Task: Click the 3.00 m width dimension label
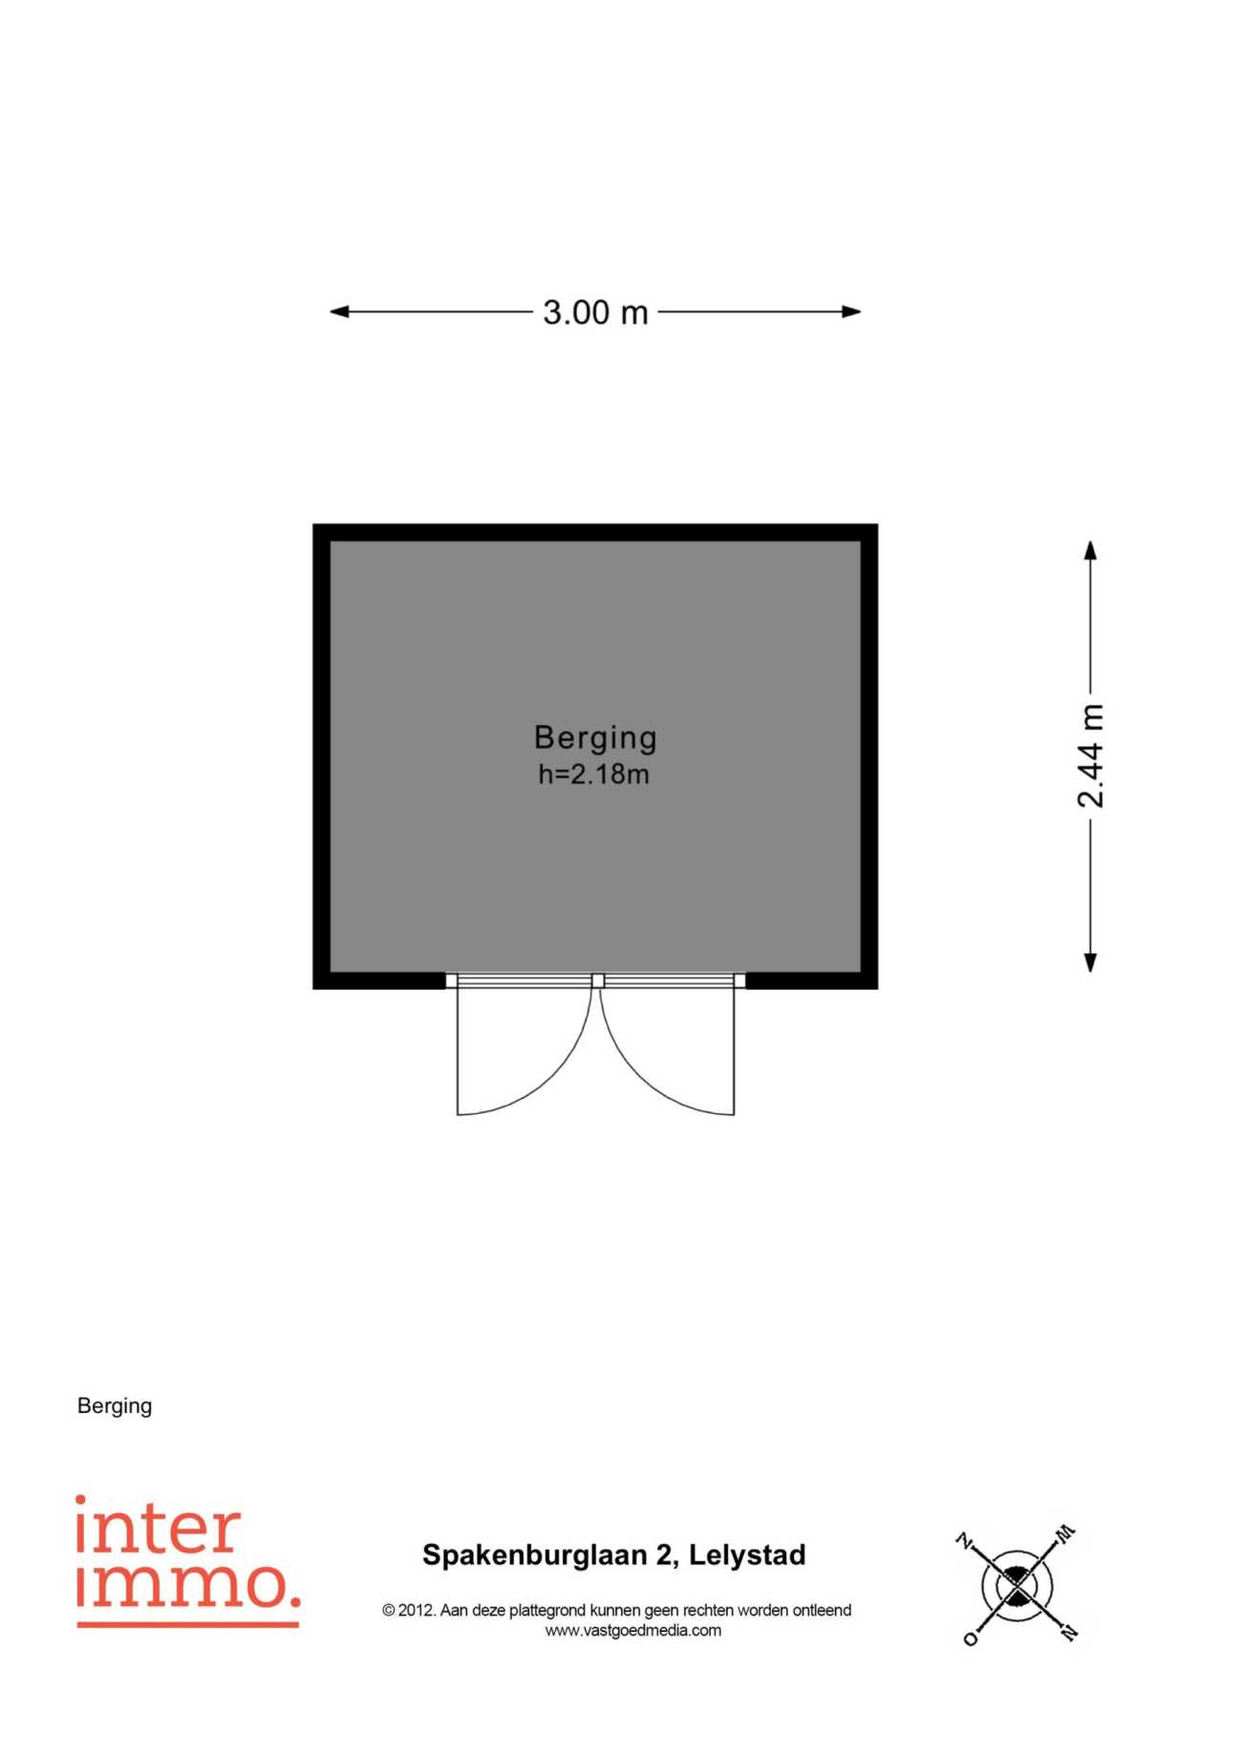[595, 312]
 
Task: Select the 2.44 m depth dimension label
[1090, 756]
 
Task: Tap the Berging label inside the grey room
[595, 738]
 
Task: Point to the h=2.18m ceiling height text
[593, 774]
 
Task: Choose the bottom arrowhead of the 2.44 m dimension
[1090, 962]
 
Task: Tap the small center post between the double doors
[598, 980]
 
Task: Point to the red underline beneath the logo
[188, 1624]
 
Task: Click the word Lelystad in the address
[747, 1555]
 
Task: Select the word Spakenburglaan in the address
[535, 1556]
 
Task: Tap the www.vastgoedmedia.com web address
[633, 1631]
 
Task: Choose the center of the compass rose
[1017, 1587]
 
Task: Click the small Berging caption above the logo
[115, 1406]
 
